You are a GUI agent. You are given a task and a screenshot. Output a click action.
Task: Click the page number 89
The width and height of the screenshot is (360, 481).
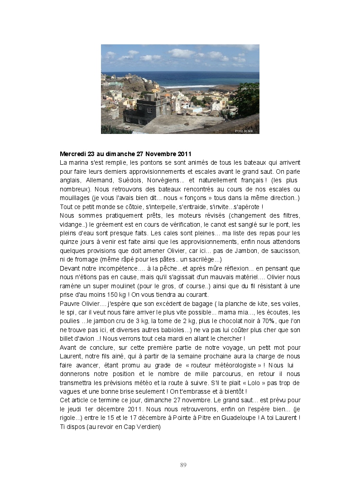[x=183, y=465]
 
